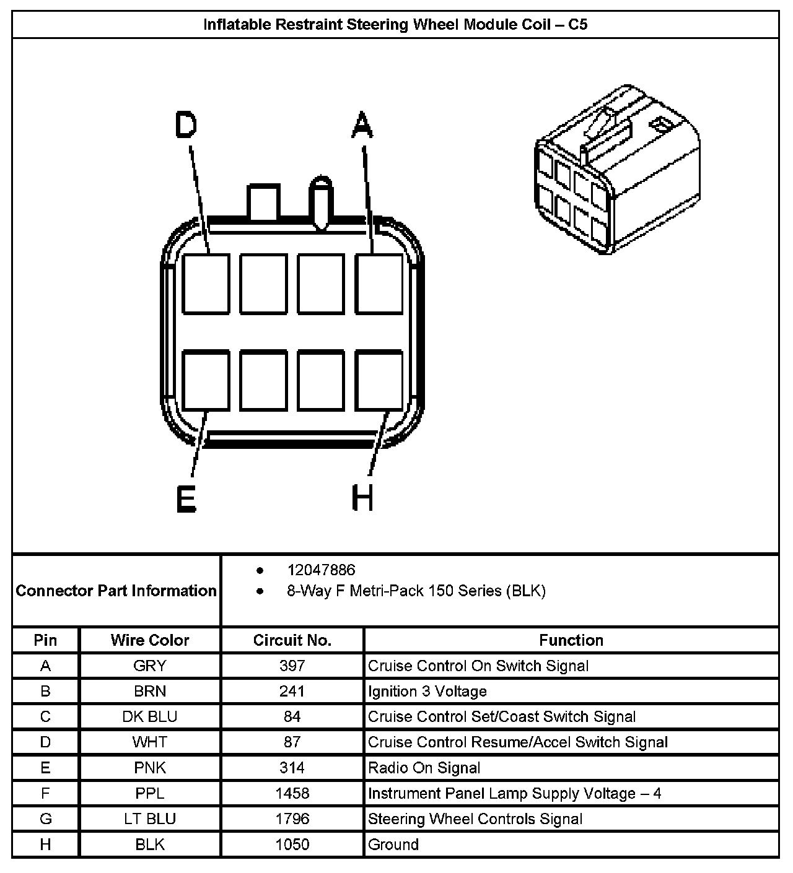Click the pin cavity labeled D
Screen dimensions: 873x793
(206, 283)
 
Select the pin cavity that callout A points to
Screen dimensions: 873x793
(379, 283)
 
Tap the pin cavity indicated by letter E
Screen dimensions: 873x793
(206, 380)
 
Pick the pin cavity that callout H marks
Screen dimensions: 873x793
(379, 380)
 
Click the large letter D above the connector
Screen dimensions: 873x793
(186, 124)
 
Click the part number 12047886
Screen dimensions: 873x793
(321, 570)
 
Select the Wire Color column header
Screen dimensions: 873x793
(150, 640)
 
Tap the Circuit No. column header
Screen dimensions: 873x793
(292, 640)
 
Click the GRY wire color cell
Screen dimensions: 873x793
(150, 666)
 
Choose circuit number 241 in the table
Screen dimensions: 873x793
(292, 691)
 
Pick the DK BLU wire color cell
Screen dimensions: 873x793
(150, 716)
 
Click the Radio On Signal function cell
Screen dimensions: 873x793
(424, 768)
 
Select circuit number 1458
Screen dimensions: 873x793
(292, 793)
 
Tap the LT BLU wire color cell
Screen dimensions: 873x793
(150, 819)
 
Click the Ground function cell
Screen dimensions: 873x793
(393, 845)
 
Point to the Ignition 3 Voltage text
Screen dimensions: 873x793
(427, 691)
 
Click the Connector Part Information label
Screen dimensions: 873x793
(116, 591)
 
